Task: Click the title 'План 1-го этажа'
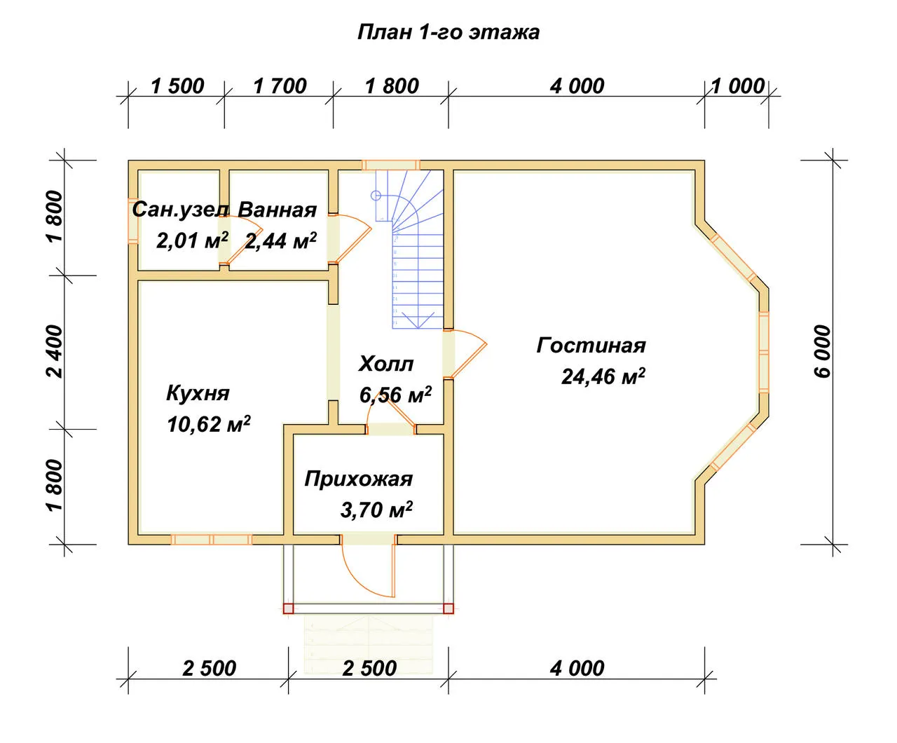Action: point(448,33)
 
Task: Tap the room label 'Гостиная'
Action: point(591,346)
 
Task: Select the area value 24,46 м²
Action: point(603,376)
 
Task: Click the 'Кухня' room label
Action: point(198,394)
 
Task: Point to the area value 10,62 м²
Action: point(209,424)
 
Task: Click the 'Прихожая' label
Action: point(359,479)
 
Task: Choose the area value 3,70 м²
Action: point(377,510)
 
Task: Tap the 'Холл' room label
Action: point(386,364)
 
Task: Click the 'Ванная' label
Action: point(277,210)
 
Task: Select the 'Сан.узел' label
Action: point(180,210)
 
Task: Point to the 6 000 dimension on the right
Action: point(823,351)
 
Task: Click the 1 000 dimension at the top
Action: point(738,86)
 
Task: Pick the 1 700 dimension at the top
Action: point(280,86)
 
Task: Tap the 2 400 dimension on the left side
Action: point(55,351)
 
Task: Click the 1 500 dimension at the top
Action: point(177,86)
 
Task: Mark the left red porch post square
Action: point(288,608)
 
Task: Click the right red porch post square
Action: point(448,608)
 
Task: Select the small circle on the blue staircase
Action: point(376,196)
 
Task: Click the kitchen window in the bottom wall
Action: point(212,539)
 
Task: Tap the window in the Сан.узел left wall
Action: point(133,221)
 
